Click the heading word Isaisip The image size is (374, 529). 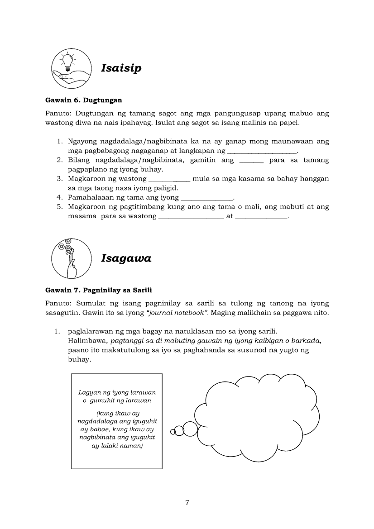coord(121,68)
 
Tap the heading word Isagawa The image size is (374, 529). coord(126,258)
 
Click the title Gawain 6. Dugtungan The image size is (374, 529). coord(84,100)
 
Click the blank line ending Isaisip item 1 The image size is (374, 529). coord(262,151)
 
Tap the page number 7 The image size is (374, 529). coord(187,503)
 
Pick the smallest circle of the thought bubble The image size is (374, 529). coord(173,432)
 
